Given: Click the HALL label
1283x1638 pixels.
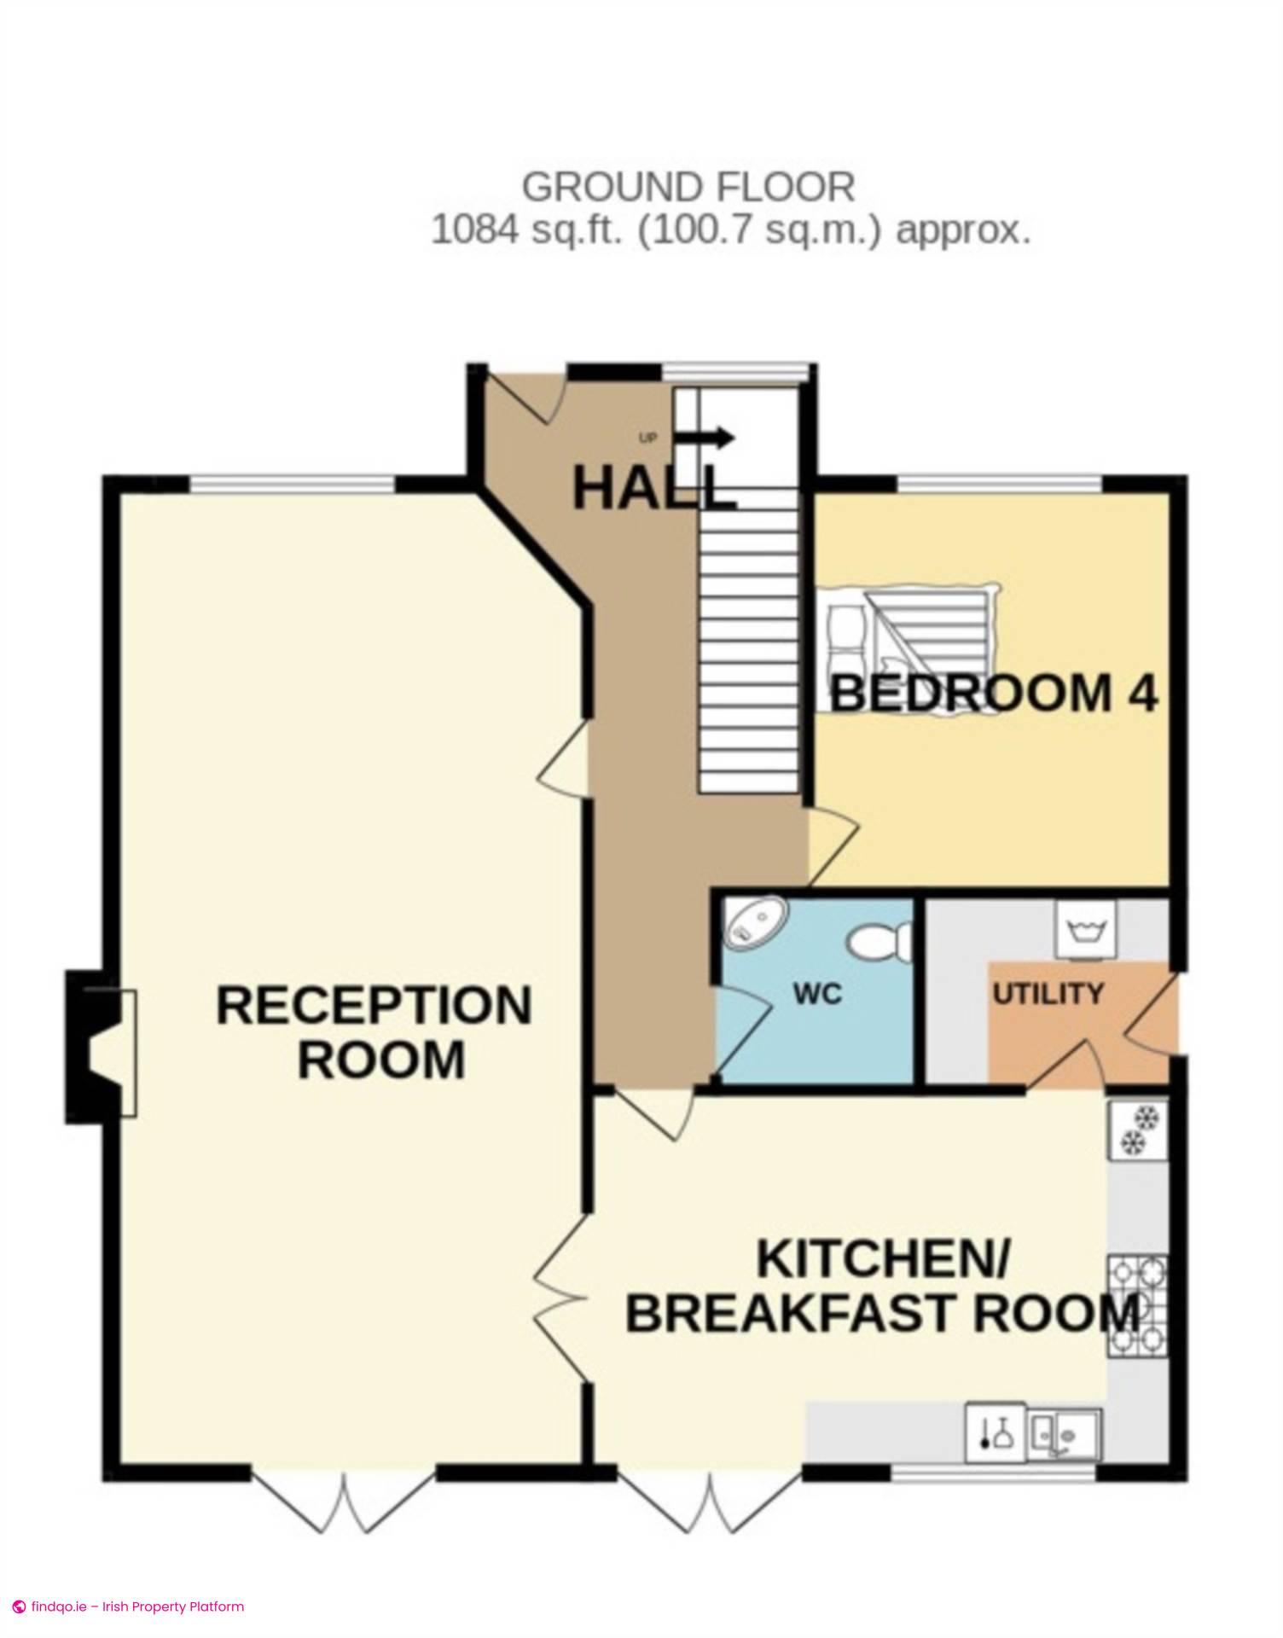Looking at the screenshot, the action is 654,490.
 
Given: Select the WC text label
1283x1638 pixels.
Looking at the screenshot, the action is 817,994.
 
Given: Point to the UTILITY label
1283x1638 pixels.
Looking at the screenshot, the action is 1048,994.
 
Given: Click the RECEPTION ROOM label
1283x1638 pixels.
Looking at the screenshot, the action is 374,1032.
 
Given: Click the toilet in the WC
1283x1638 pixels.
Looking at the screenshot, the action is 880,942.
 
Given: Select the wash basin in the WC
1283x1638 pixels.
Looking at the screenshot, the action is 756,921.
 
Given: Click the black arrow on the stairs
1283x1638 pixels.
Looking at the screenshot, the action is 705,439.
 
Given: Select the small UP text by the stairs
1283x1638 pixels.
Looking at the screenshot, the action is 648,439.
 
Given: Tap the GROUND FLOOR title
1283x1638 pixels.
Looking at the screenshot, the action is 688,187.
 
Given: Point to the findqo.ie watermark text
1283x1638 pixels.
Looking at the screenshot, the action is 128,1606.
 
